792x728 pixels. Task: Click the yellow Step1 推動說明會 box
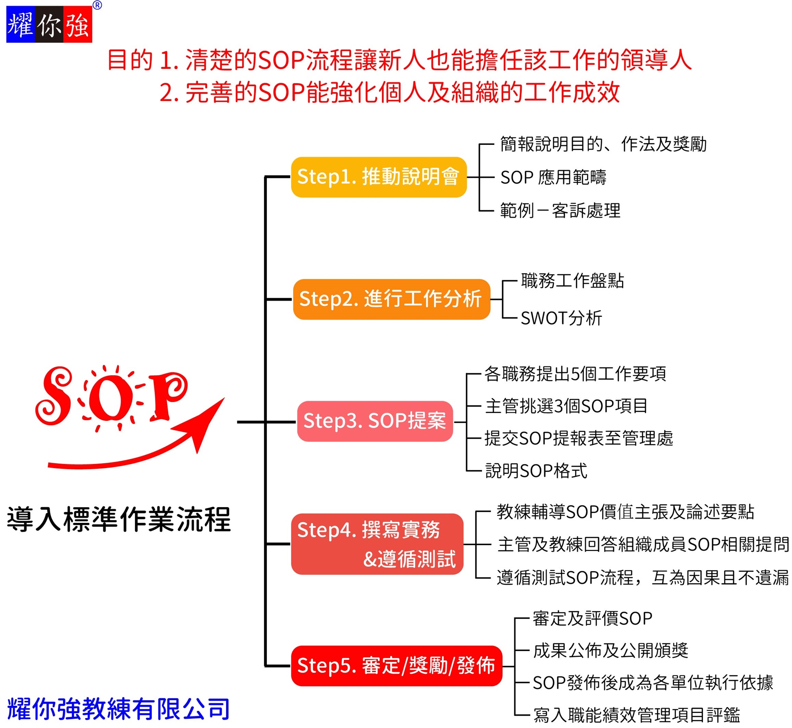pos(379,177)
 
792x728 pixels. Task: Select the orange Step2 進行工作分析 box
pos(391,299)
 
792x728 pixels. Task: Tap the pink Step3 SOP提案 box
pos(375,421)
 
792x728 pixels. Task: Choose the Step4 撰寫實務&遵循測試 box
pos(377,544)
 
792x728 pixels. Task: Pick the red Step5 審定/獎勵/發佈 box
pos(396,666)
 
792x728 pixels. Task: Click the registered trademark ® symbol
pos(97,5)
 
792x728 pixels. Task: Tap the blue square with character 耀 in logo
pos(21,24)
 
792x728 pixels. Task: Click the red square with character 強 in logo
pos(78,24)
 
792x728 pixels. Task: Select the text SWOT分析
pos(561,318)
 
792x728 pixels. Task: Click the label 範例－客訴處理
pos(560,210)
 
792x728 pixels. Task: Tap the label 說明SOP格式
pos(536,471)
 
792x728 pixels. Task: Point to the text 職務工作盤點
pos(572,281)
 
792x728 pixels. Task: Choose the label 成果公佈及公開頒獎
pos(611,650)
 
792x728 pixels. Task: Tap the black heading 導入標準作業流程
pos(119,519)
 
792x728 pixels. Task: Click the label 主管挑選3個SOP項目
pos(566,406)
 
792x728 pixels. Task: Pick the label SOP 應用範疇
pos(553,177)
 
